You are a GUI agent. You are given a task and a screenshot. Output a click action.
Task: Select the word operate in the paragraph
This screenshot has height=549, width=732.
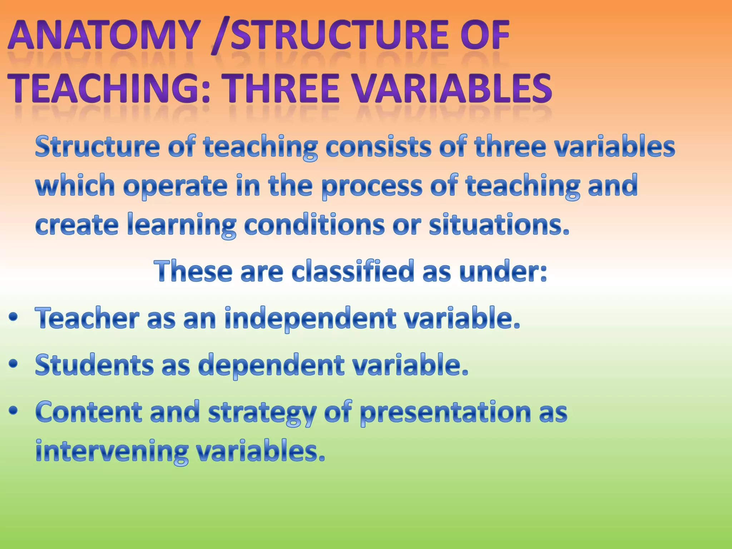click(175, 186)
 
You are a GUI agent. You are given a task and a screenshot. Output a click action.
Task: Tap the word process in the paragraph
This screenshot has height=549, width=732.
click(372, 186)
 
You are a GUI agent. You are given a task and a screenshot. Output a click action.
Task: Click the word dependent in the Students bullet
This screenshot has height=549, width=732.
click(272, 365)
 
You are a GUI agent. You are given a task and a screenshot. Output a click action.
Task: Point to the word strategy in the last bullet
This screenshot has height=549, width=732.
click(262, 412)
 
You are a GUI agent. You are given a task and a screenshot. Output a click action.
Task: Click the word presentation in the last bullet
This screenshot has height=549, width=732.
click(445, 412)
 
